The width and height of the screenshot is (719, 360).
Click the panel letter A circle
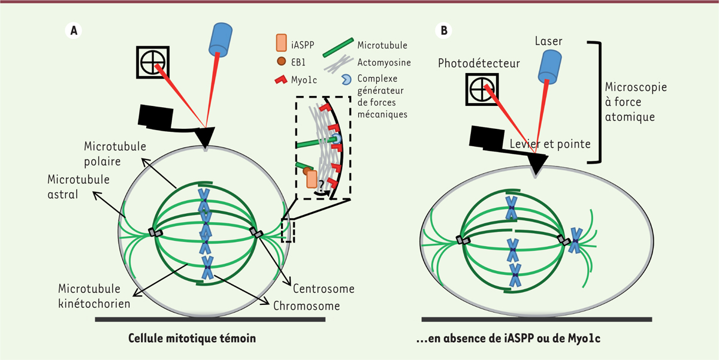(x=73, y=31)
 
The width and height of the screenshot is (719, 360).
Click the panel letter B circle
(x=444, y=31)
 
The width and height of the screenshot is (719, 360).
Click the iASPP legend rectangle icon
(x=282, y=43)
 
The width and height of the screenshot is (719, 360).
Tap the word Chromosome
(x=306, y=305)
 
